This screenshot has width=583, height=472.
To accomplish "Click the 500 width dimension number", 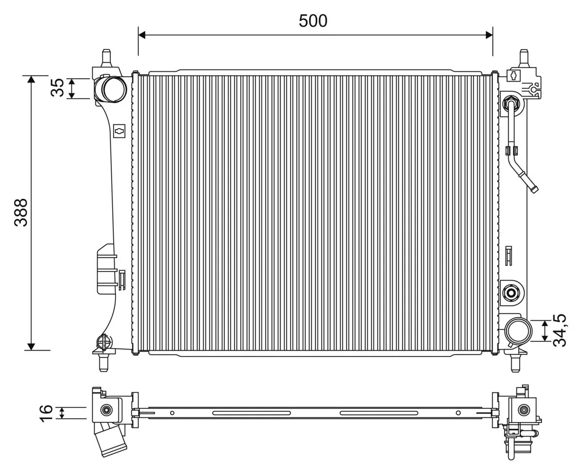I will coord(313,21).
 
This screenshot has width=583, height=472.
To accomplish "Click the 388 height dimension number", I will coord(21,212).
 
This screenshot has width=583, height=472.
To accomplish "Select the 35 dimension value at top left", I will coord(57,88).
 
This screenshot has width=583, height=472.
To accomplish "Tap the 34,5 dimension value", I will coord(560,330).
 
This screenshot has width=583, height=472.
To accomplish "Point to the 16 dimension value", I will coord(45,413).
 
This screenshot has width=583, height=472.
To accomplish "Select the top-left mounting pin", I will coord(106,57).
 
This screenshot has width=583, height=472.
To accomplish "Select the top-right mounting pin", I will coord(524,57).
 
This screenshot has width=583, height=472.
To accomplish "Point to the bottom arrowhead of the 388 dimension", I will coord(31,346).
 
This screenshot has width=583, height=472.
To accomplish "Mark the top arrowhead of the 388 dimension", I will coord(31,79).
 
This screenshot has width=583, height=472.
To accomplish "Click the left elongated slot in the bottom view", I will coord(252,413).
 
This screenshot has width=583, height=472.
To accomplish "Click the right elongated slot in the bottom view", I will coord(379,413).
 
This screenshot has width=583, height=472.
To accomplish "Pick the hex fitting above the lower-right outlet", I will coord(511,292).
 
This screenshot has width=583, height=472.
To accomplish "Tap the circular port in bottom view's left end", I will coord(105,410).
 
